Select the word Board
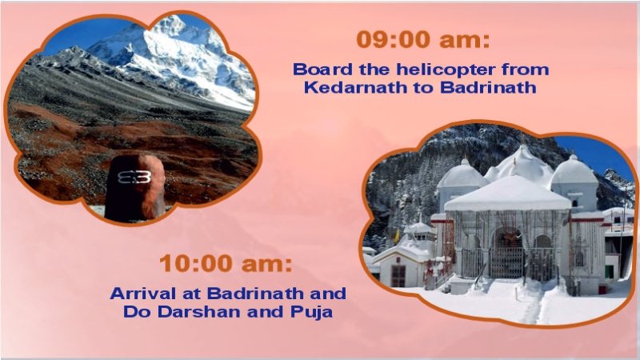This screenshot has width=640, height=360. coord(320,70)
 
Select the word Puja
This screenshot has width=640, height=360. coord(310,311)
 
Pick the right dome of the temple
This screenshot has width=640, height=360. coord(574,170)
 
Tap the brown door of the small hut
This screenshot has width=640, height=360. coord(398,276)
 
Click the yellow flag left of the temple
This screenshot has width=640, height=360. coord(395,237)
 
